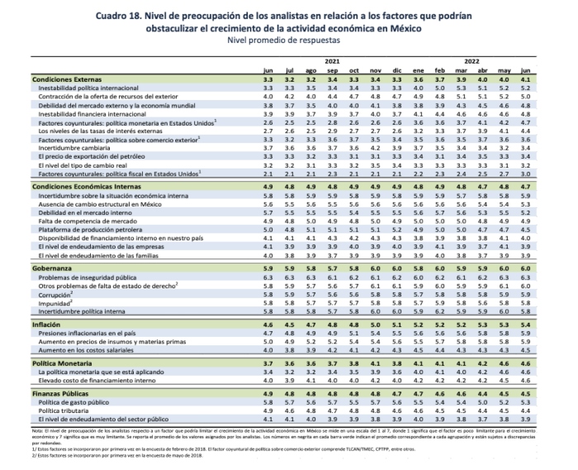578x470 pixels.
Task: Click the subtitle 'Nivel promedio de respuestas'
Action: coord(288,39)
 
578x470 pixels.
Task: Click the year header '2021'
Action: coord(331,61)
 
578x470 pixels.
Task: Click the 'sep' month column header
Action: coord(332,70)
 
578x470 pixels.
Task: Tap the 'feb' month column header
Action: coord(440,70)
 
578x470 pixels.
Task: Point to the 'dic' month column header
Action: coord(396,70)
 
